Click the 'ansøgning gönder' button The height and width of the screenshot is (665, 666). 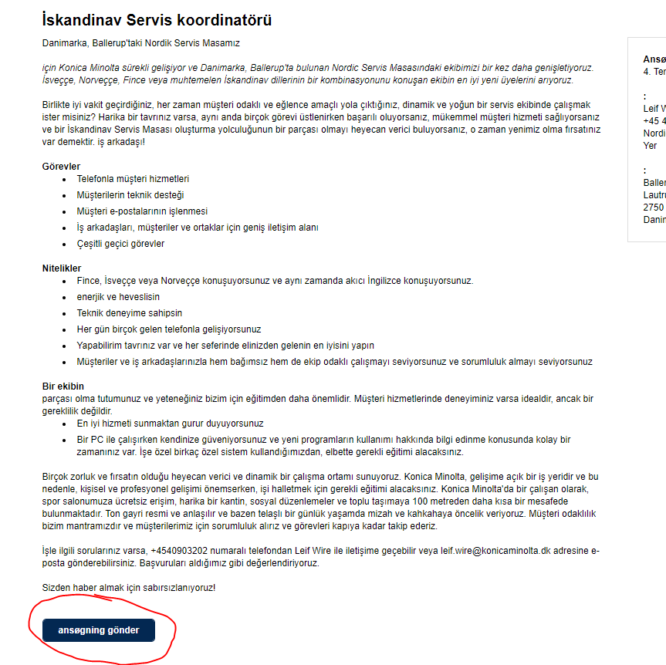[x=99, y=630]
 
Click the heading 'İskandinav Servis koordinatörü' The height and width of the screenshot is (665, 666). [x=157, y=21]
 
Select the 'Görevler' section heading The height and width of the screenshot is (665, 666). [x=61, y=167]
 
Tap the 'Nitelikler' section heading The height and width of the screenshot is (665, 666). [x=62, y=268]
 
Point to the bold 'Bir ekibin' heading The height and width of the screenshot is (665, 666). [x=63, y=387]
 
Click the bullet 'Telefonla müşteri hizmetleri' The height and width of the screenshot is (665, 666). [x=133, y=179]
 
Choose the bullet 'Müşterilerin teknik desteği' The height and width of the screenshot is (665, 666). [x=130, y=195]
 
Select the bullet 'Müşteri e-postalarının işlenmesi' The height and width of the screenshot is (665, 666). [x=142, y=211]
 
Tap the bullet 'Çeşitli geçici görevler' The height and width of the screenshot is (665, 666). [x=120, y=244]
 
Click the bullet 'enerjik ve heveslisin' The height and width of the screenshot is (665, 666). [x=118, y=297]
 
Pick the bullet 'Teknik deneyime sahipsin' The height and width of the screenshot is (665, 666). [x=130, y=313]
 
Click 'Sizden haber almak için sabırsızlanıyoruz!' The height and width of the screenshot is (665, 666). [x=129, y=588]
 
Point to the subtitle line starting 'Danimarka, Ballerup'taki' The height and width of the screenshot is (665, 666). [x=146, y=43]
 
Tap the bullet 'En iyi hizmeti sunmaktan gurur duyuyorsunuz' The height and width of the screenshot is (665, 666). [x=170, y=424]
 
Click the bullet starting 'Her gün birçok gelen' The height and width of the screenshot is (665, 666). [x=169, y=329]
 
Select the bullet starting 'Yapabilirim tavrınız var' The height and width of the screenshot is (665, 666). [x=225, y=346]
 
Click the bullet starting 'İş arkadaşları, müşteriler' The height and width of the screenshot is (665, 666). [x=198, y=228]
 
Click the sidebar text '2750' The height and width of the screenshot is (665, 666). [x=654, y=208]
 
